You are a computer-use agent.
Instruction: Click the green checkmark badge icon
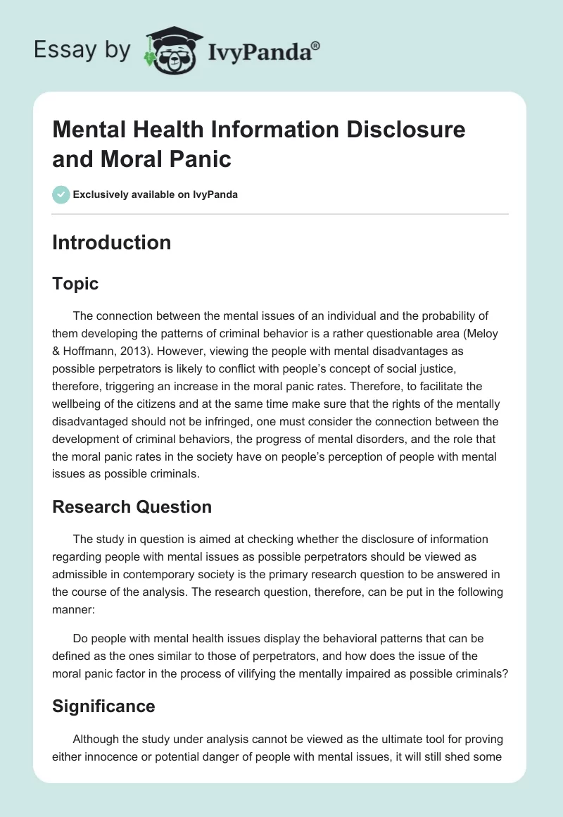point(61,194)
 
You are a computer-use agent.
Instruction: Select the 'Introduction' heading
point(111,242)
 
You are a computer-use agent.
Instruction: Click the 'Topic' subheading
point(75,284)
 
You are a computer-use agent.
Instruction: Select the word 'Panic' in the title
point(203,158)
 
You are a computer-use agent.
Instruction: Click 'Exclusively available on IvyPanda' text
point(156,194)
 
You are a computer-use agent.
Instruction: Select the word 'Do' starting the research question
point(81,638)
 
